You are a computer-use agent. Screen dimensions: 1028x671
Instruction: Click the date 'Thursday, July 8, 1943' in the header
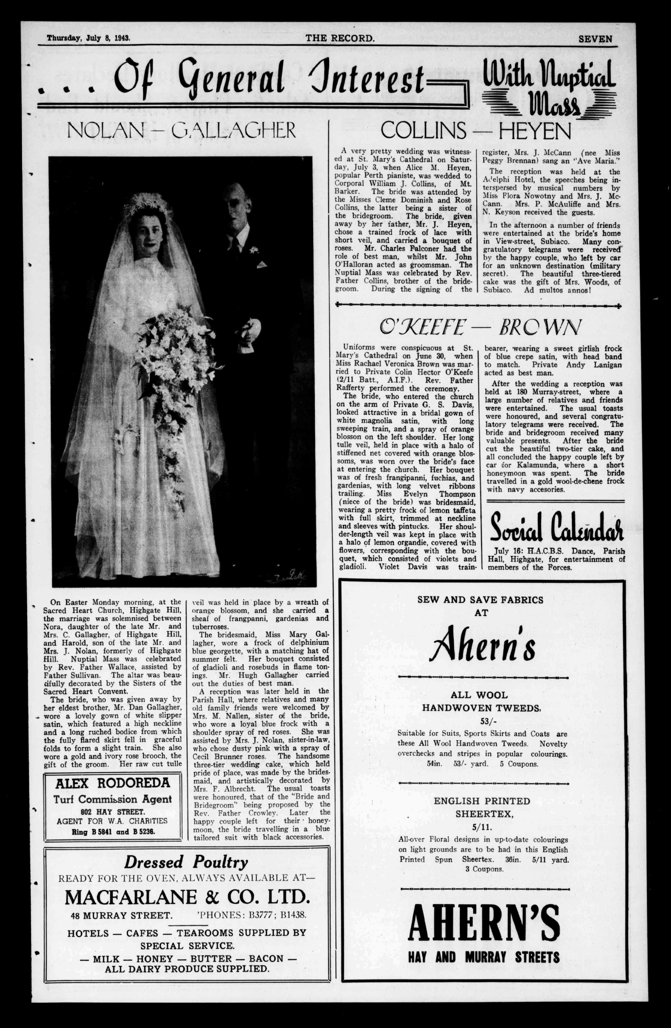[x=89, y=38]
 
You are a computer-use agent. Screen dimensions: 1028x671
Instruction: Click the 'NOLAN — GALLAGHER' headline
[x=182, y=130]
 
